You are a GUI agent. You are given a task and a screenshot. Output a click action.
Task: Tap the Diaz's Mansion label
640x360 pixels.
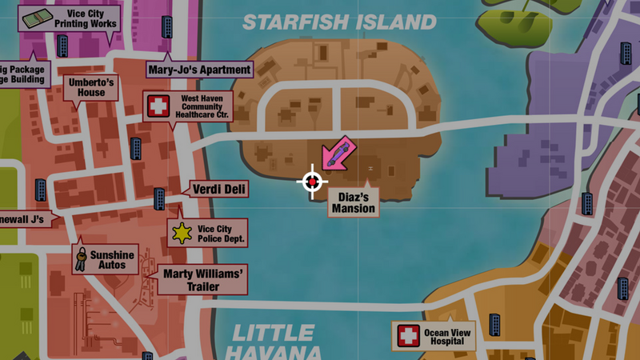click(x=353, y=203)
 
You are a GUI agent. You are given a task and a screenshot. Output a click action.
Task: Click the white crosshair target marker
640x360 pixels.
click(x=312, y=182)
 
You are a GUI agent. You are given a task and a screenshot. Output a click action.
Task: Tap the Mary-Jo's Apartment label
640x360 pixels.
click(x=199, y=70)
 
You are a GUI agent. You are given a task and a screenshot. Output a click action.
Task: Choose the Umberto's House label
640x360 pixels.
click(x=91, y=87)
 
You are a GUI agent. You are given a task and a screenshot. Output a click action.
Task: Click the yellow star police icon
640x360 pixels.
click(x=183, y=233)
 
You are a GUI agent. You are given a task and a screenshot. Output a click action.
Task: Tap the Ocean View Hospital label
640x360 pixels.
click(x=450, y=335)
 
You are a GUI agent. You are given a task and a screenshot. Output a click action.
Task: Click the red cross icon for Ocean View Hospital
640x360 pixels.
click(x=409, y=335)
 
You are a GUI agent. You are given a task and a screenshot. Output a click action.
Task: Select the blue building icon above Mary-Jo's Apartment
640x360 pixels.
click(x=168, y=27)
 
